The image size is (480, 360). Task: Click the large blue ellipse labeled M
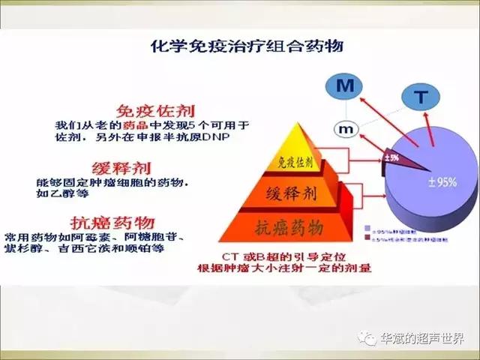[x=344, y=87]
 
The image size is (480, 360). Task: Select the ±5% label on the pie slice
[x=390, y=157]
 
